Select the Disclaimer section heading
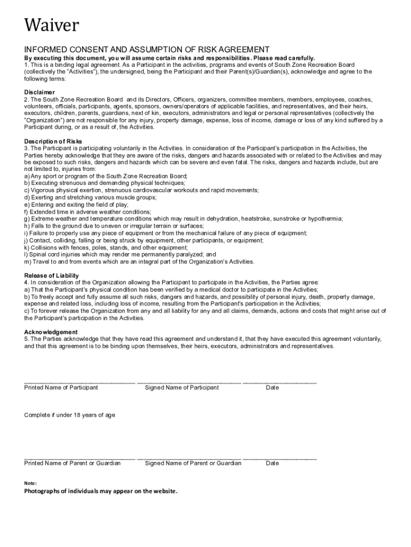tap(39, 92)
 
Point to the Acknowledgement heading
tap(51, 332)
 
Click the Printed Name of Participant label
tap(61, 387)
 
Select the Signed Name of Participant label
tap(181, 387)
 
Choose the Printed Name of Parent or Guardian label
tap(72, 463)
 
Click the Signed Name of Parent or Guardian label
tap(193, 463)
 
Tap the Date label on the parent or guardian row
tap(272, 463)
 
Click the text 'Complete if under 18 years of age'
tap(69, 415)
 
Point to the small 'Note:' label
tap(30, 483)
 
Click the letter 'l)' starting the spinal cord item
tap(26, 255)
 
